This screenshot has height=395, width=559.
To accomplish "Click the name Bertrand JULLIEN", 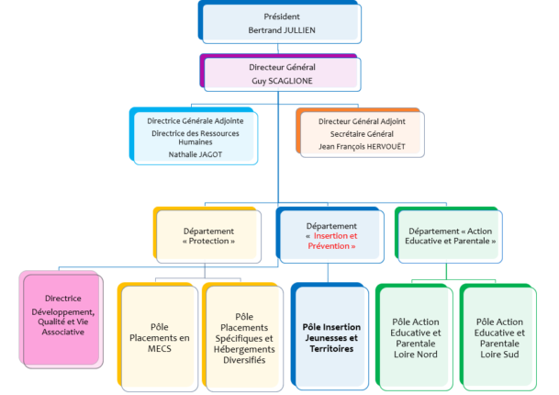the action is [x=282, y=30].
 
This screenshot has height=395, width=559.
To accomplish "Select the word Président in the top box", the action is [x=282, y=17].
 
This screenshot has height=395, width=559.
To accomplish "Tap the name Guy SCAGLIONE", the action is [x=282, y=81].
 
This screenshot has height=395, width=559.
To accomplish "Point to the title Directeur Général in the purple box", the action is [x=282, y=67].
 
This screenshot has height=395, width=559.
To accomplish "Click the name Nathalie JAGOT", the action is [x=196, y=154].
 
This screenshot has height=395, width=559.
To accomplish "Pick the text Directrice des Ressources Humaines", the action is [x=196, y=138].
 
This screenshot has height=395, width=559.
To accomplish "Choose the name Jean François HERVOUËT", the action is [x=362, y=147].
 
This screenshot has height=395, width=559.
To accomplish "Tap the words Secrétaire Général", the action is [x=362, y=134].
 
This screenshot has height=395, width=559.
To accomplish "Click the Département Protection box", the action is [x=207, y=235].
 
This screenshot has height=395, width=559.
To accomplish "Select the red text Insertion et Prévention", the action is [x=332, y=241].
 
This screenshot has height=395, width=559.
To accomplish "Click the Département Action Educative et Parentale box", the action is [x=449, y=235].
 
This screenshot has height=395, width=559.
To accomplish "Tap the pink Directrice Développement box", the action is [x=61, y=320].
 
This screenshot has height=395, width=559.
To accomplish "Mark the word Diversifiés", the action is [x=244, y=360].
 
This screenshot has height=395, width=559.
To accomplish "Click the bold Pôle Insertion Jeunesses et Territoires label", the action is [x=331, y=338].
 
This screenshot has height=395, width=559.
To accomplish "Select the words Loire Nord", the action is [x=416, y=355].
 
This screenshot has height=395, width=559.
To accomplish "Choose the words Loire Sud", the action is [x=499, y=355].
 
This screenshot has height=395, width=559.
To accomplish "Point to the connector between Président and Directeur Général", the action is [x=278, y=49].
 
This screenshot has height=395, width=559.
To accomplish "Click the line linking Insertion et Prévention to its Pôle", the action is [x=328, y=274].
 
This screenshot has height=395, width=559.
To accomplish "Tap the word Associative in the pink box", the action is [x=63, y=332].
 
